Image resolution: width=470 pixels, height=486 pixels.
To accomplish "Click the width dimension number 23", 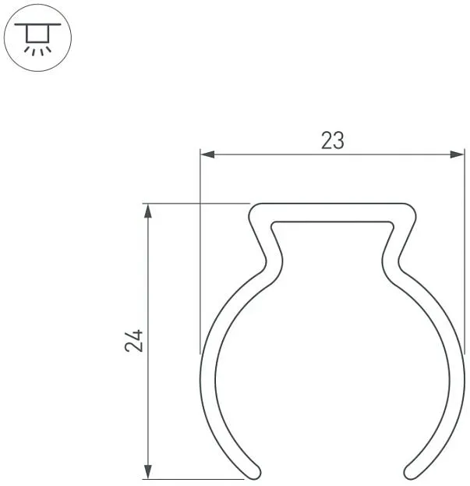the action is point(333,140).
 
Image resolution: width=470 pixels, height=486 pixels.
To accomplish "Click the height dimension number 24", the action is point(134,341).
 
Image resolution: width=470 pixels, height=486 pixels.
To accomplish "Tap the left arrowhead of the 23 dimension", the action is point(207,154).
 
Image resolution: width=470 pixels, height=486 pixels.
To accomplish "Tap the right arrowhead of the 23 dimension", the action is point(458,154).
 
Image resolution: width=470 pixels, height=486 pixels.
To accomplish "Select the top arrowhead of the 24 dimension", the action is point(148,211).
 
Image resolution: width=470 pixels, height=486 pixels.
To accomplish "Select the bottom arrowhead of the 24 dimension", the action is point(148,472).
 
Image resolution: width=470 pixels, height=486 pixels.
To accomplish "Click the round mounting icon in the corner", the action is point(37,37).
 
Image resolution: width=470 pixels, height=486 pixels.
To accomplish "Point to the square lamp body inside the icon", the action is point(37,34).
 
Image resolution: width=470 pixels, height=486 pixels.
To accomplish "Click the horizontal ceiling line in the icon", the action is point(37,24).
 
